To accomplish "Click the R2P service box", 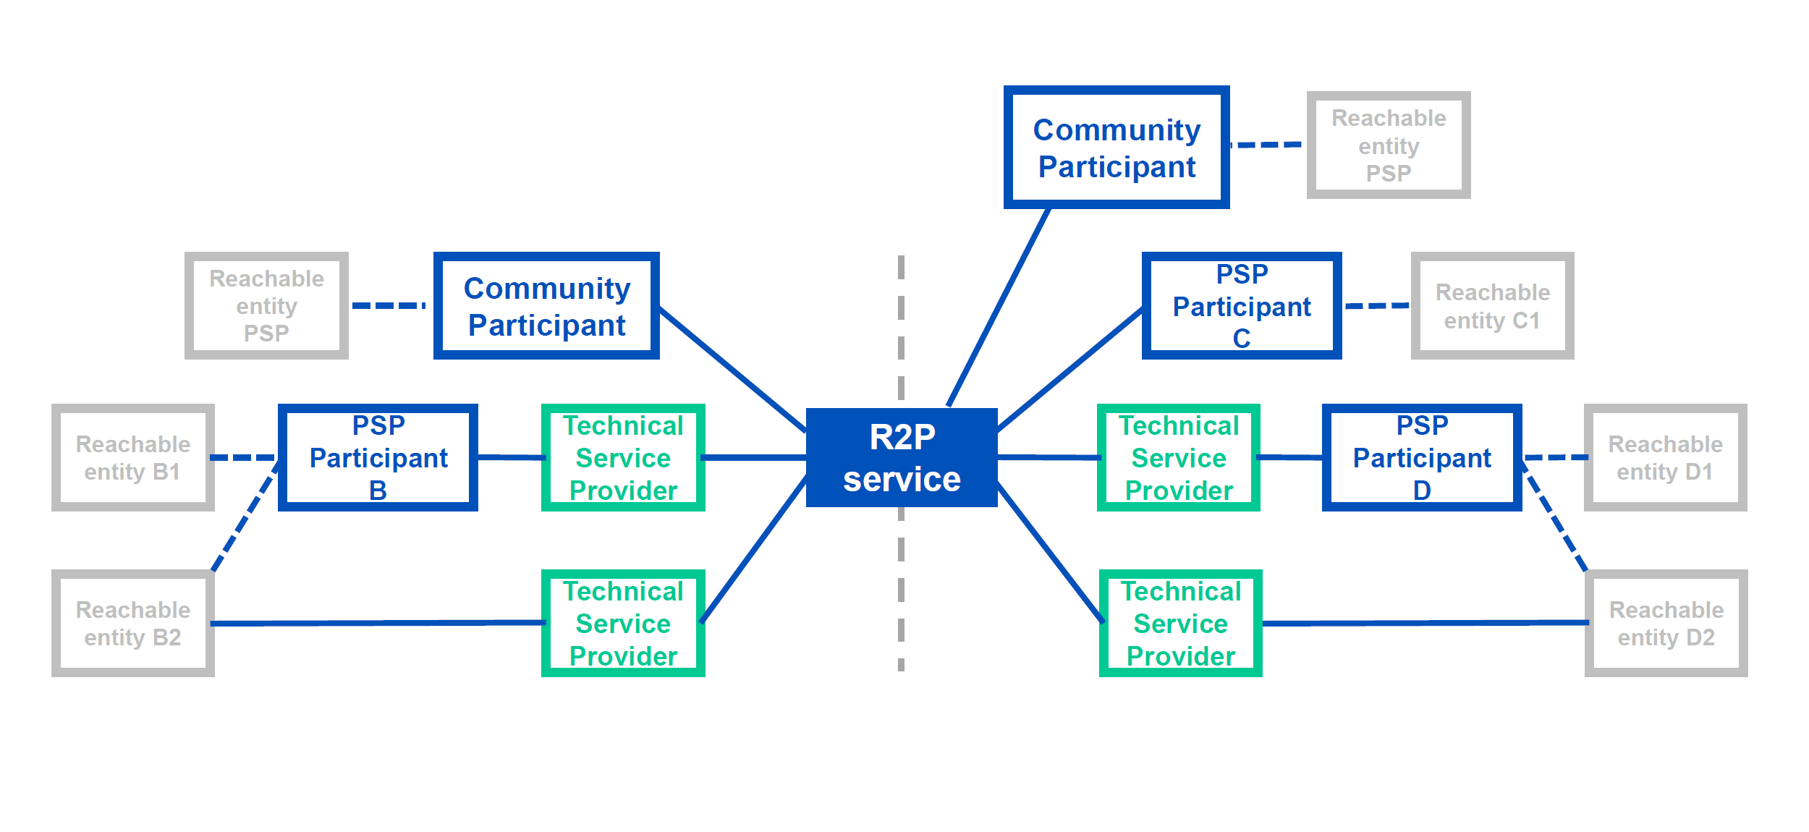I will tap(902, 457).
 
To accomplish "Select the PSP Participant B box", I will tap(378, 457).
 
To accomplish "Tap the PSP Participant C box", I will tap(1242, 305).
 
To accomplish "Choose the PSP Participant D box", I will tap(1422, 457).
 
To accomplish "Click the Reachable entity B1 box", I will tap(133, 457).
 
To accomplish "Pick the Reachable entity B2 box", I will tap(133, 623).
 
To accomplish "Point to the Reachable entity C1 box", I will tap(1493, 305).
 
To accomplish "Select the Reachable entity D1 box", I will tap(1666, 457).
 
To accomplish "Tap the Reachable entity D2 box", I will tap(1666, 623).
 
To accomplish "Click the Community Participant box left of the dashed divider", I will tap(546, 305).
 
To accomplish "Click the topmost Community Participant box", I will tap(1117, 147).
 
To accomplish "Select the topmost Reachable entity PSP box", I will tap(1389, 145).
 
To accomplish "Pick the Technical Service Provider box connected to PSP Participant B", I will tap(623, 457).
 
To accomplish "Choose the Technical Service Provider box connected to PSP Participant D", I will tap(1179, 457).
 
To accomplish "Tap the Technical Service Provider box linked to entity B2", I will tap(623, 623).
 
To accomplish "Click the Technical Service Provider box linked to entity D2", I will tap(1181, 623).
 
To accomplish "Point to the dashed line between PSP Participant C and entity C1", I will tap(1376, 306).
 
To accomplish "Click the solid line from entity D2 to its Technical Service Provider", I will tap(1425, 623).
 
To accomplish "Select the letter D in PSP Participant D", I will tap(1422, 491).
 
